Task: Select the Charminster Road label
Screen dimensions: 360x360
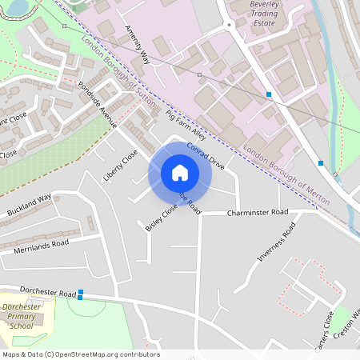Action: coord(256,214)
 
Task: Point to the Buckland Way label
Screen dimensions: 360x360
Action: coord(29,206)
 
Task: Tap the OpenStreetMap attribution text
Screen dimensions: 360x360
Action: coord(80,354)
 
